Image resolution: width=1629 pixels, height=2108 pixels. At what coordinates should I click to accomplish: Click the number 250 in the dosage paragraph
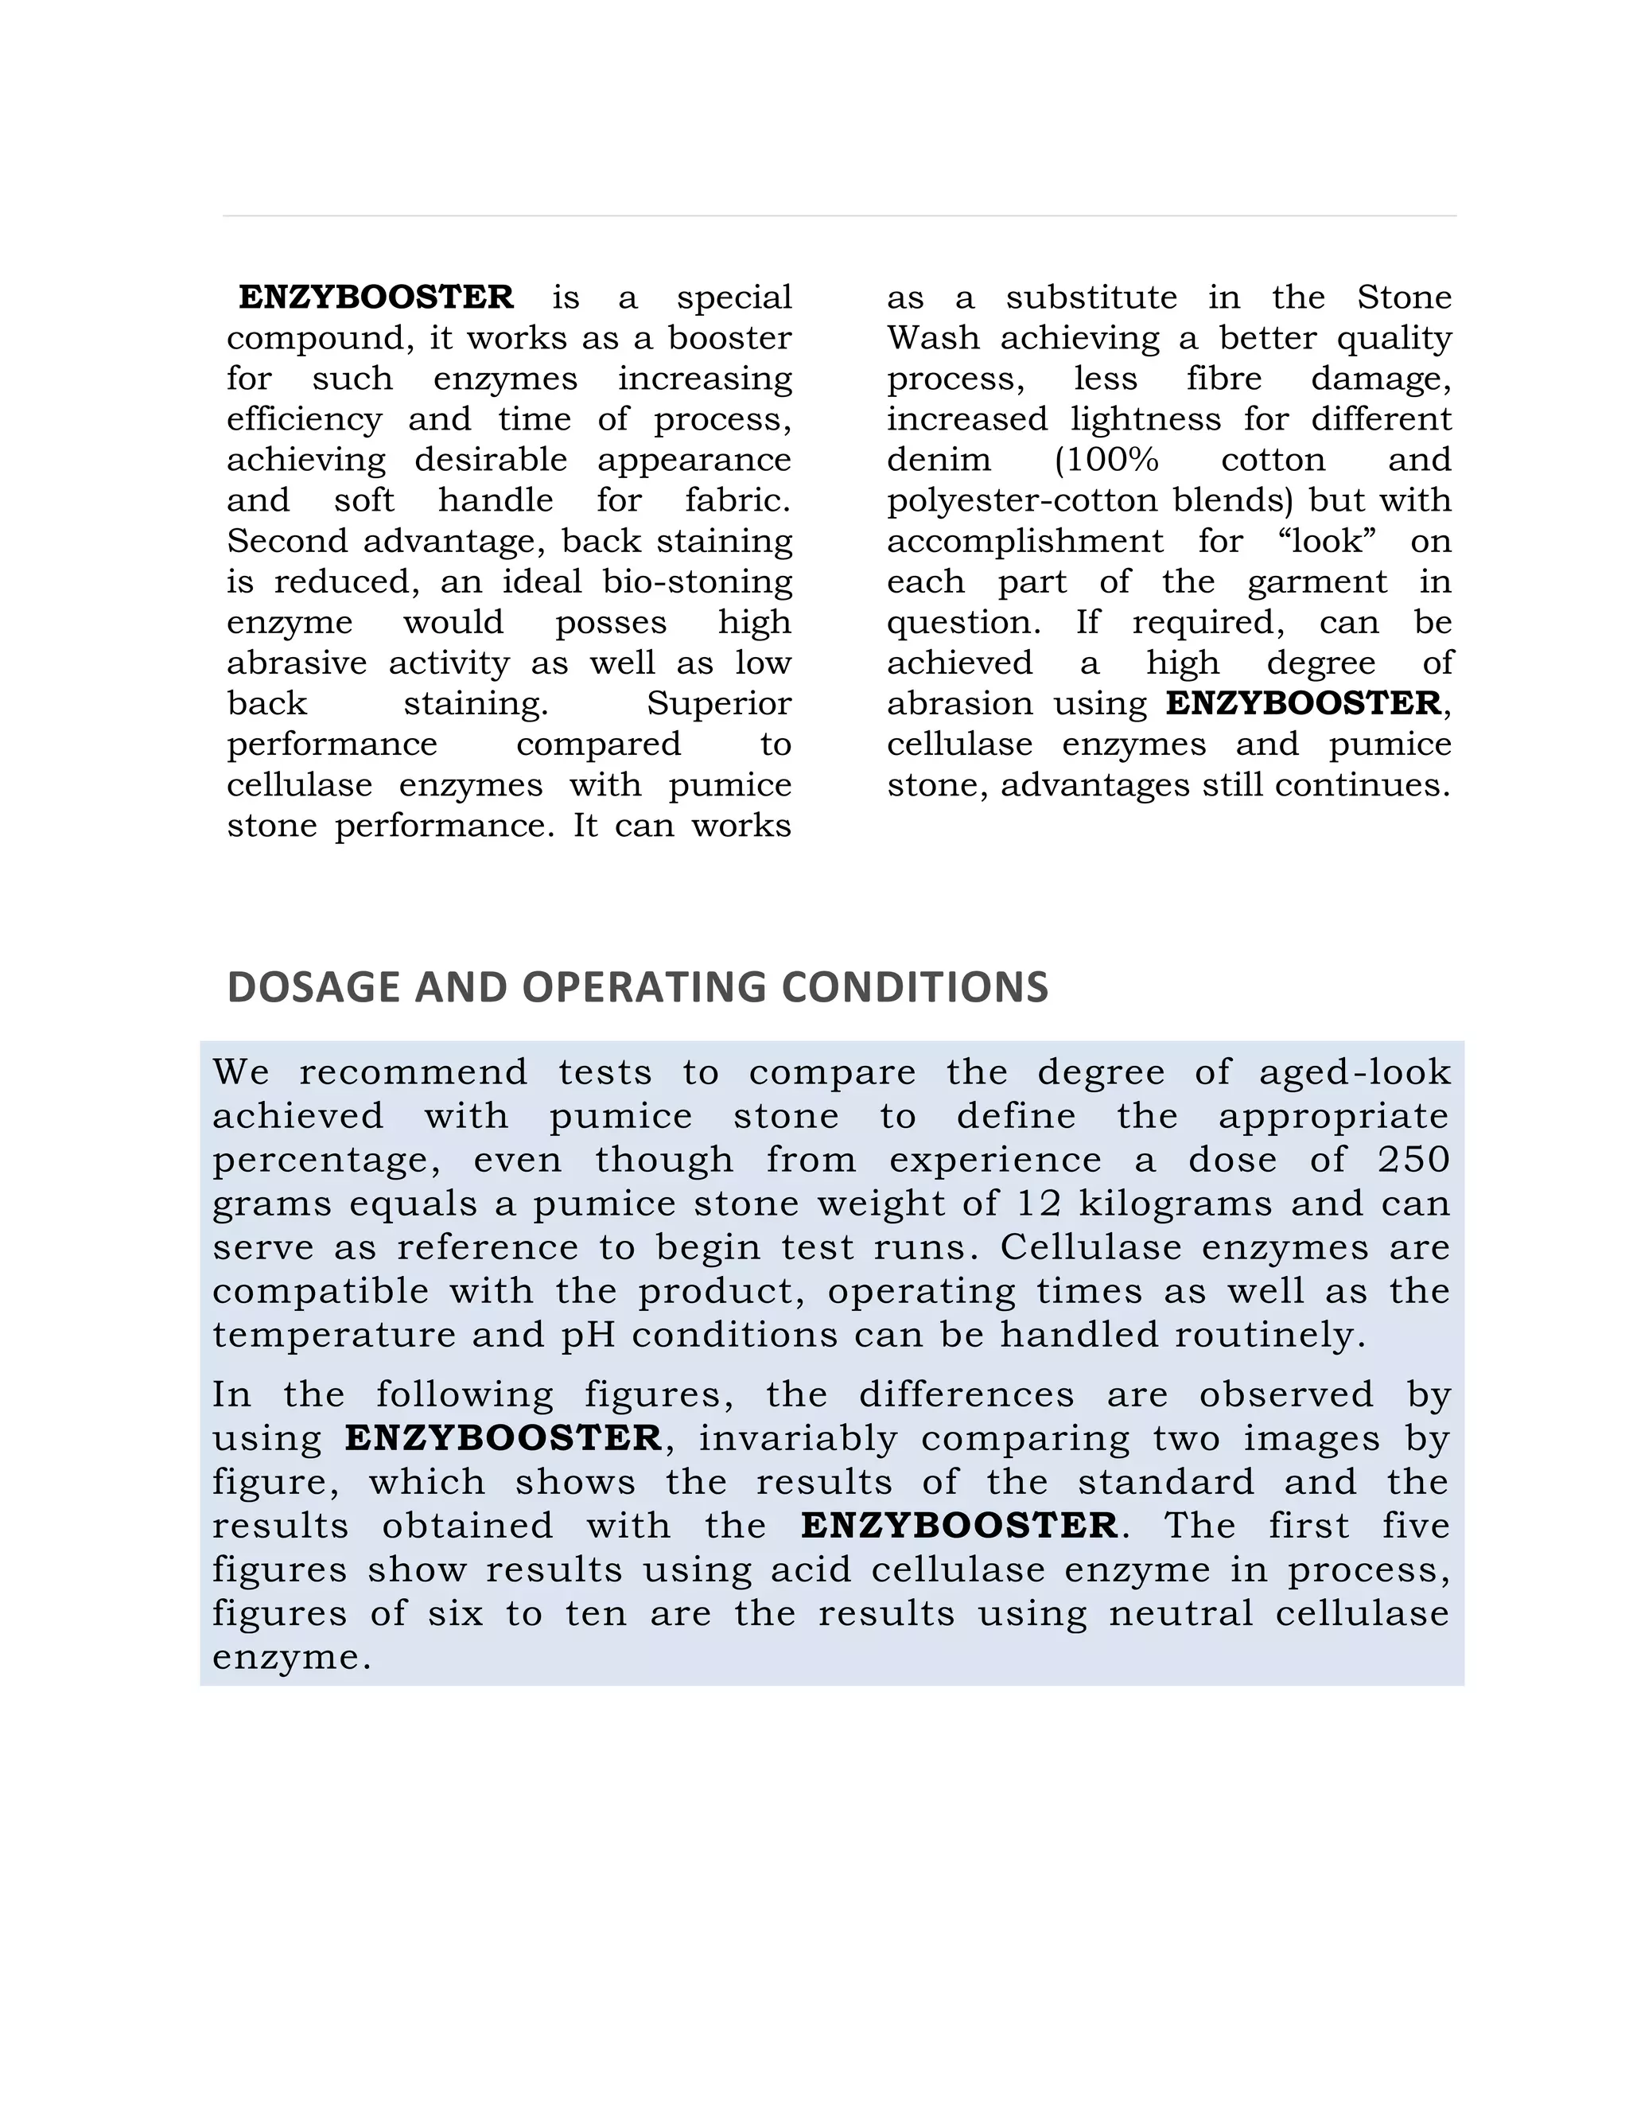[x=1413, y=1159]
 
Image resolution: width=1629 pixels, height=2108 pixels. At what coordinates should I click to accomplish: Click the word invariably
[x=798, y=1438]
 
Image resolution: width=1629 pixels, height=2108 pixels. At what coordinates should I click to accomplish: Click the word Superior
[x=718, y=704]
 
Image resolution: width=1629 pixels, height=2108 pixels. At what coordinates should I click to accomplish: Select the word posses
[x=611, y=623]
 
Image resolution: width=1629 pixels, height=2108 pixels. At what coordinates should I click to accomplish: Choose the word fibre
[x=1223, y=379]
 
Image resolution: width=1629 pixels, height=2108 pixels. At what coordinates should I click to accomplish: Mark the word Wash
[x=932, y=339]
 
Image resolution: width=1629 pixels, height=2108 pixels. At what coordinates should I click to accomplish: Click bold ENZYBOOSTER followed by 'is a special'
[x=376, y=298]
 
